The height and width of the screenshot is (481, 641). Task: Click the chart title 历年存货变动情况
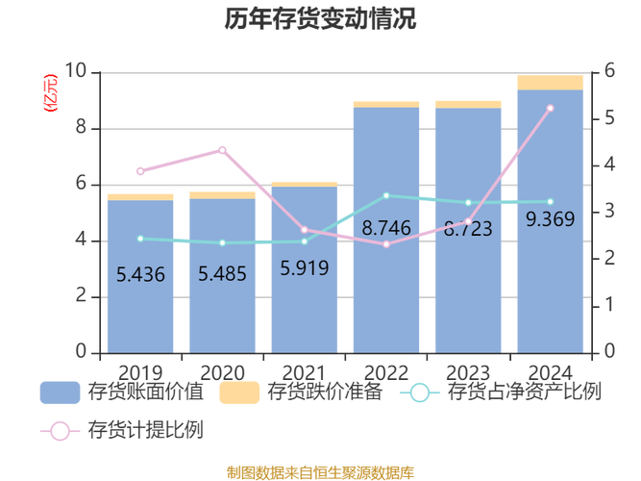(321, 19)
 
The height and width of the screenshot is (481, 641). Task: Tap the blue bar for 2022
(386, 289)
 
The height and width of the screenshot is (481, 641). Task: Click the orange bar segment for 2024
(551, 83)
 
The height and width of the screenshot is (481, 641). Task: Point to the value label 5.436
(140, 275)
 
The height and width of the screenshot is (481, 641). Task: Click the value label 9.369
(551, 219)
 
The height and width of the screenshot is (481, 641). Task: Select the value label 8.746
(386, 229)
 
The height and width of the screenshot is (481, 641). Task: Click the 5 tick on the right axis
(608, 119)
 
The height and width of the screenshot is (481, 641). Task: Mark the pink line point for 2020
(222, 150)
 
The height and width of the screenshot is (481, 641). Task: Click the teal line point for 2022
(386, 195)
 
